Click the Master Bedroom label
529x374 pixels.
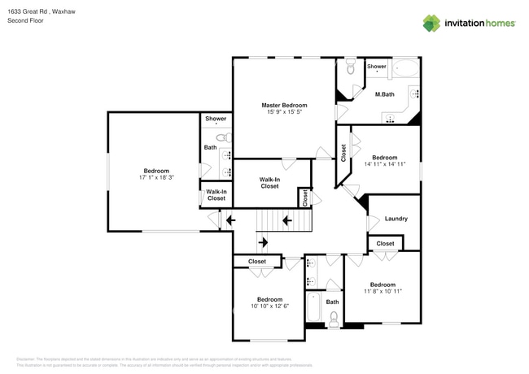(284, 106)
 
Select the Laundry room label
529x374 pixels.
(396, 219)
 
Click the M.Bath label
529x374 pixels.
(384, 95)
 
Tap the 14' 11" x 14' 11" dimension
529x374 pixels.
(384, 164)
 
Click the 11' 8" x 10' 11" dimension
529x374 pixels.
(383, 290)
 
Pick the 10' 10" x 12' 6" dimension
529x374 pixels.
(269, 306)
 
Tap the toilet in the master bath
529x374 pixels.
(350, 68)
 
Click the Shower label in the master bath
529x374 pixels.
(376, 67)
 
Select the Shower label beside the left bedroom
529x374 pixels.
(216, 119)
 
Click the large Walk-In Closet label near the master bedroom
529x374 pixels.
(269, 182)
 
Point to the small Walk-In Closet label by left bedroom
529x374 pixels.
(216, 195)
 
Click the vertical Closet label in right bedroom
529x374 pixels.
(343, 153)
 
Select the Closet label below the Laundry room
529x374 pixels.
(385, 243)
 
